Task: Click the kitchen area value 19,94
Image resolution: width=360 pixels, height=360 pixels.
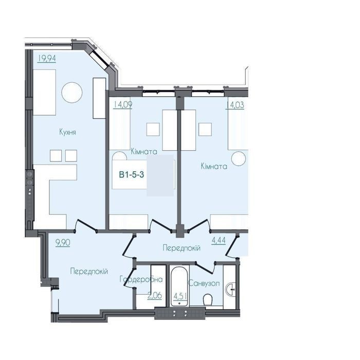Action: pyautogui.click(x=47, y=58)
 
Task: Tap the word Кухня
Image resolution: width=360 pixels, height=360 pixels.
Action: pyautogui.click(x=67, y=132)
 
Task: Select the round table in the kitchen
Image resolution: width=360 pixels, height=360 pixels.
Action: pyautogui.click(x=72, y=93)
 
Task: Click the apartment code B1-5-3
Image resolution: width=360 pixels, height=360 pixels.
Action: pyautogui.click(x=131, y=174)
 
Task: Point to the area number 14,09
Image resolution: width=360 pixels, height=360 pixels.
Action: pyautogui.click(x=123, y=105)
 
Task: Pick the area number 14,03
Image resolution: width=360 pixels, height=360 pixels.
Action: pyautogui.click(x=235, y=105)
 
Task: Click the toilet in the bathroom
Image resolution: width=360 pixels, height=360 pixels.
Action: pyautogui.click(x=208, y=299)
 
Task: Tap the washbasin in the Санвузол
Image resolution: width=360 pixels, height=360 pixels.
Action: pyautogui.click(x=231, y=290)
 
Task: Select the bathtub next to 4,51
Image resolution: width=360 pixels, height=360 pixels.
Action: pyautogui.click(x=179, y=286)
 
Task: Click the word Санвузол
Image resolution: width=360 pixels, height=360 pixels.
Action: pyautogui.click(x=204, y=283)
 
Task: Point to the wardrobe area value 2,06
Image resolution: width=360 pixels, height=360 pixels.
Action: pyautogui.click(x=155, y=295)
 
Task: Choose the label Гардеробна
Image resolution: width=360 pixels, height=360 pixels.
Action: pyautogui.click(x=141, y=279)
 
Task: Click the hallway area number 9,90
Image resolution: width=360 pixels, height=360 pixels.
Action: pyautogui.click(x=63, y=242)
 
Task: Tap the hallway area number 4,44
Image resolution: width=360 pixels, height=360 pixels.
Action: pyautogui.click(x=219, y=240)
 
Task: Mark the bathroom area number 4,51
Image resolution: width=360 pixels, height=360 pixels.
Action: pyautogui.click(x=181, y=296)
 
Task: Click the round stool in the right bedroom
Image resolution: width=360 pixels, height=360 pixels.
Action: pyautogui.click(x=239, y=158)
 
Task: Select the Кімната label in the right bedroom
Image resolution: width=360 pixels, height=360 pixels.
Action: pyautogui.click(x=214, y=166)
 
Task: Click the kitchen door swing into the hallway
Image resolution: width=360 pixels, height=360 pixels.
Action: pyautogui.click(x=86, y=225)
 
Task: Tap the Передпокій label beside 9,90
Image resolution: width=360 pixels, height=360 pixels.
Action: pyautogui.click(x=89, y=272)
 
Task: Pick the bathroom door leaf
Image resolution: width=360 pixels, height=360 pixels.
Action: pyautogui.click(x=205, y=267)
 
